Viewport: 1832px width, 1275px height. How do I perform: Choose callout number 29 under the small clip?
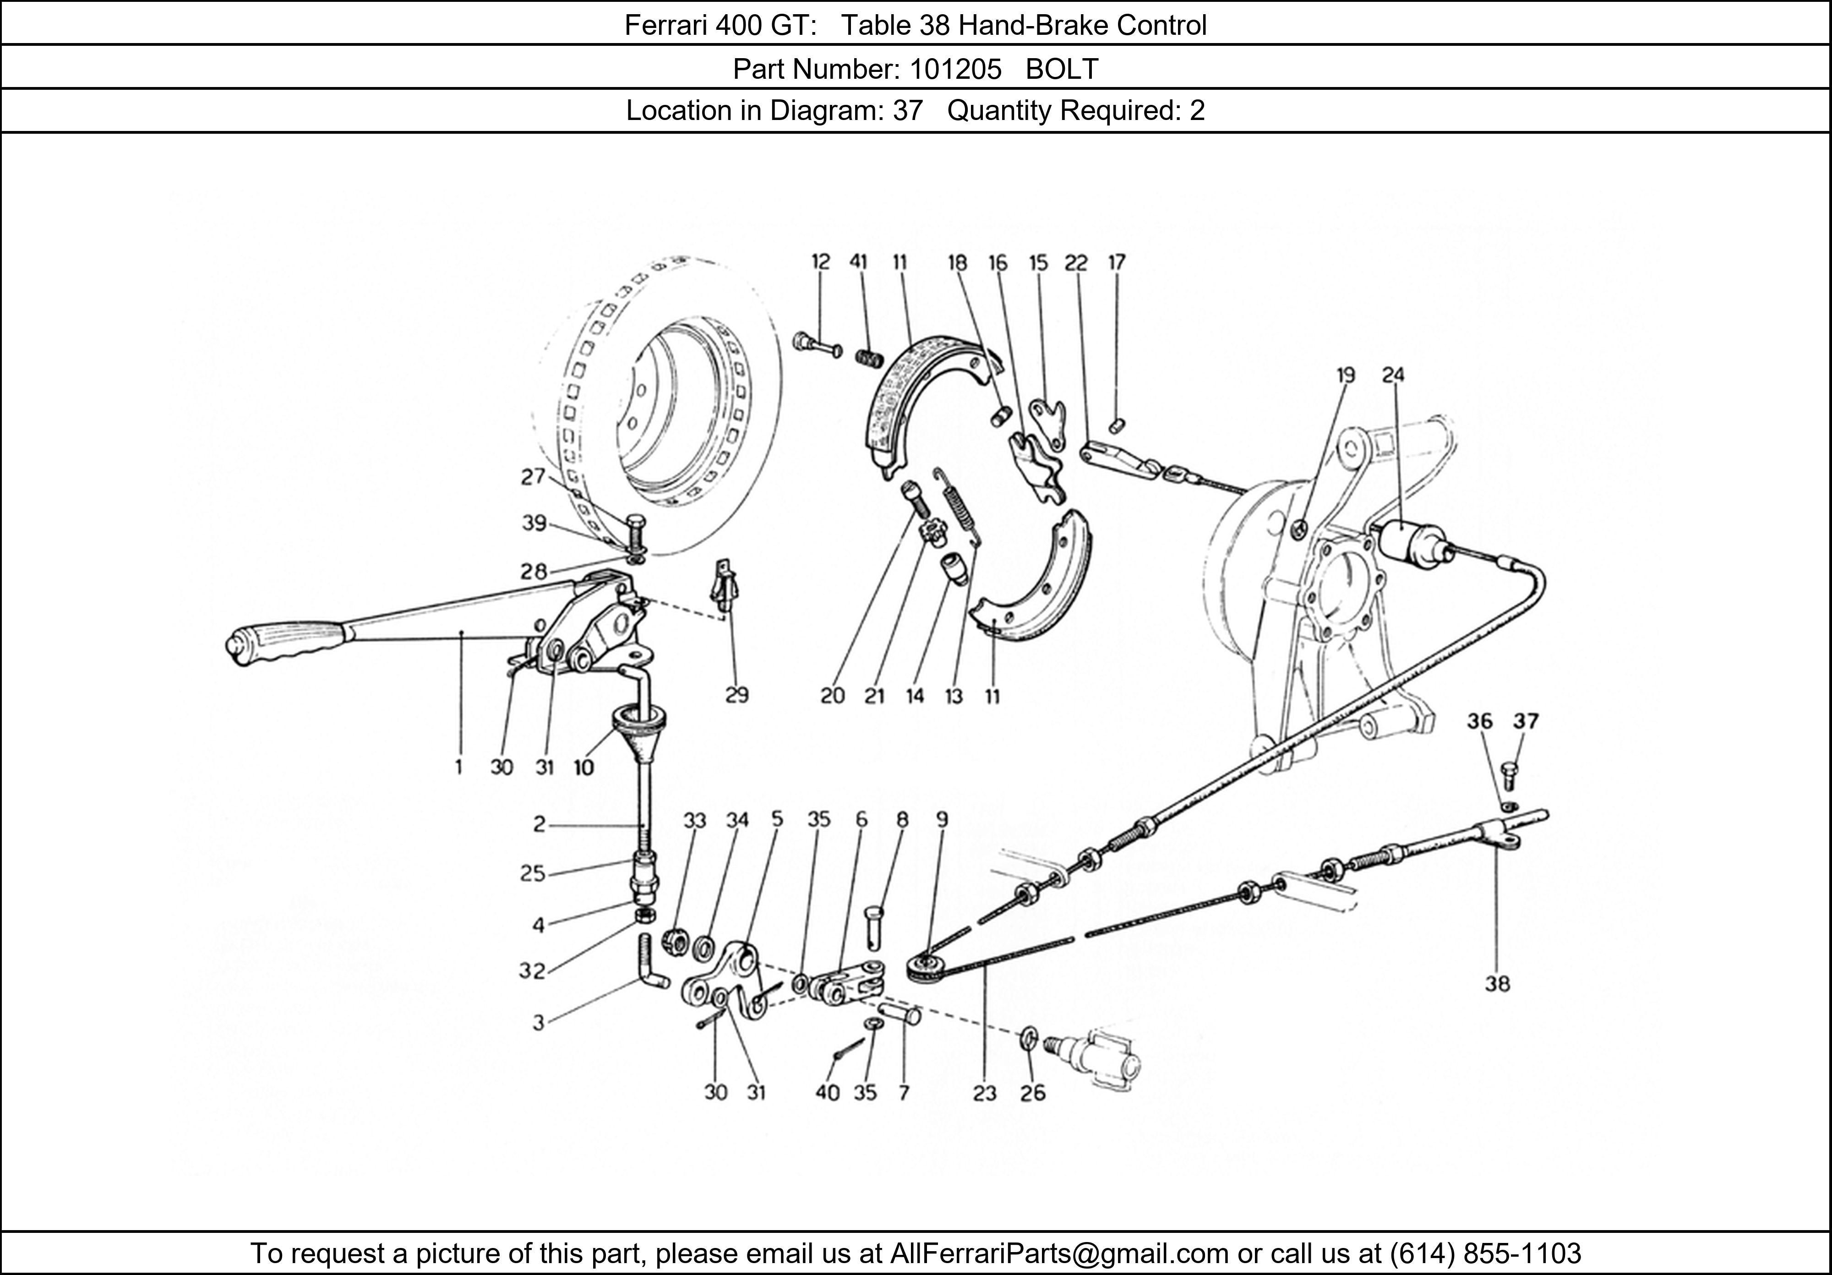(x=736, y=696)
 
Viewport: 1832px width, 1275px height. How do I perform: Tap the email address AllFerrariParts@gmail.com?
(x=1059, y=1253)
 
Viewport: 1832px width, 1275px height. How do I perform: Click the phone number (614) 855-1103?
(x=1486, y=1253)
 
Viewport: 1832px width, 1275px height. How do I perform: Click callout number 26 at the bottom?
(x=1032, y=1092)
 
